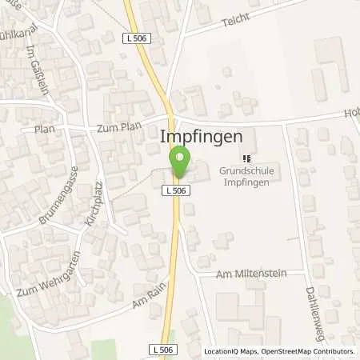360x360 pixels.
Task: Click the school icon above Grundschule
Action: click(246, 159)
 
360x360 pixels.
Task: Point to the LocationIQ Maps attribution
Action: click(229, 351)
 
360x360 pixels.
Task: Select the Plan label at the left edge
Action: click(43, 129)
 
